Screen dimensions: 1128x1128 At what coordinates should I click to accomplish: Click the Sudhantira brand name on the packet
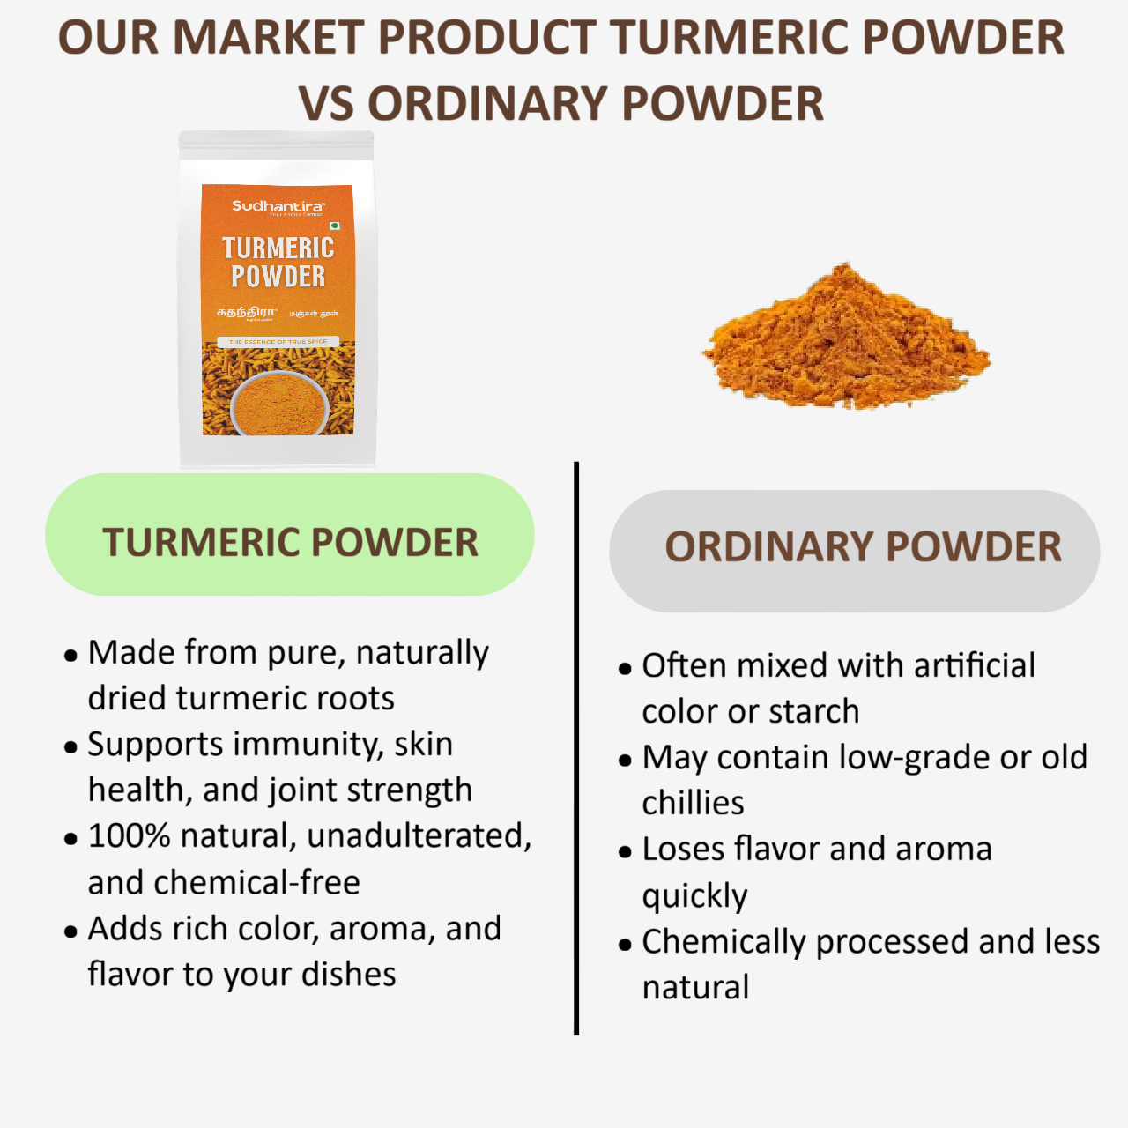pos(278,206)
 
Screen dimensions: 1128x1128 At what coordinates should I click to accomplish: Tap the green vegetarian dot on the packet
pos(335,226)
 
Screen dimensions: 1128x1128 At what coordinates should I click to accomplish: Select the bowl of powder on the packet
pos(279,403)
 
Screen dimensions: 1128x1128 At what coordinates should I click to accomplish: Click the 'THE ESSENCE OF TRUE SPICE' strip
pos(278,341)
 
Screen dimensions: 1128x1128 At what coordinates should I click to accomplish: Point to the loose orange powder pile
pos(846,344)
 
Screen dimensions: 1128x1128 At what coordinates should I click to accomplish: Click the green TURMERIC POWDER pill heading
pos(290,535)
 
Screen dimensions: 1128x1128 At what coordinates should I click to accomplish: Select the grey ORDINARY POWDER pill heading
pos(854,551)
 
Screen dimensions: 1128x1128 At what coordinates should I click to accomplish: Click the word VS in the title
pos(326,104)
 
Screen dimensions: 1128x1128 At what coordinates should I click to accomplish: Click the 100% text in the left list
pos(129,835)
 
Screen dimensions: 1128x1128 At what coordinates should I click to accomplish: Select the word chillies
pos(693,804)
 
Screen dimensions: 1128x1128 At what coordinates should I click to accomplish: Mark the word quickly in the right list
pos(694,896)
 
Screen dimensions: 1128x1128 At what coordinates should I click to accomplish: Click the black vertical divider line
pos(576,749)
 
